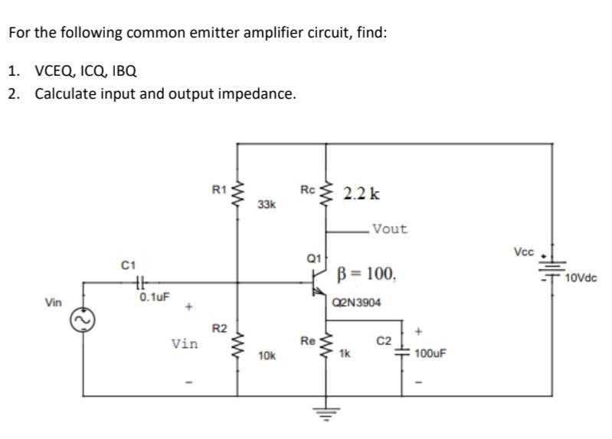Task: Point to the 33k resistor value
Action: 267,205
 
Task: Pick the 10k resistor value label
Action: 267,356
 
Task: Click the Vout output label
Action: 389,229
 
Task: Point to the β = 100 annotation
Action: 366,273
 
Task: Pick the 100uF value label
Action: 430,355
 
